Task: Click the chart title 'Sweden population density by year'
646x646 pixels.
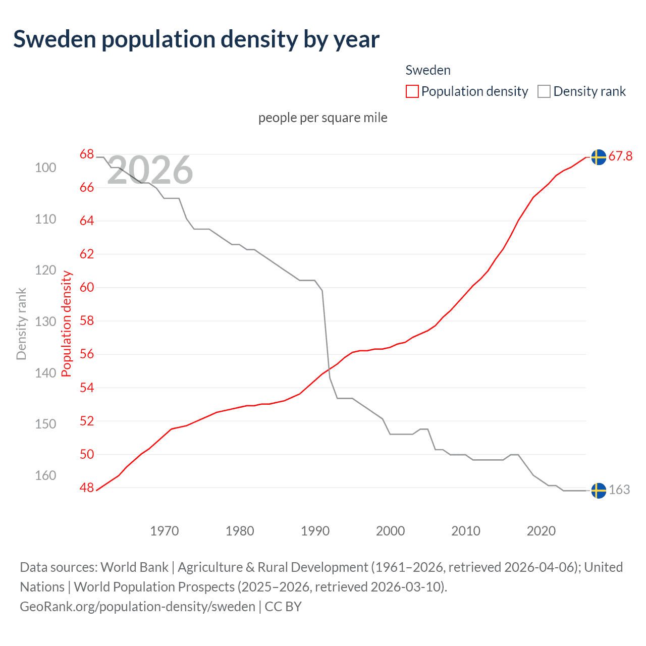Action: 196,39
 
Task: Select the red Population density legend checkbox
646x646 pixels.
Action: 412,91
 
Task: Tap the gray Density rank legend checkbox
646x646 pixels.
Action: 544,91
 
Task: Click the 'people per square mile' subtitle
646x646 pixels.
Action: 322,118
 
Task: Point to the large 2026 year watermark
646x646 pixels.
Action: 150,170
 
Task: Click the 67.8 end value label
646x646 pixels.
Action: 620,156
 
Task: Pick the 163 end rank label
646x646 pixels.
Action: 619,490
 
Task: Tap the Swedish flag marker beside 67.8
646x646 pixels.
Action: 599,157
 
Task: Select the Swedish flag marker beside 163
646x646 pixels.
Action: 599,491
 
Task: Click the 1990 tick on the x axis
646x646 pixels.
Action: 315,531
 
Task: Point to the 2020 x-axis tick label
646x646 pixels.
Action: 541,531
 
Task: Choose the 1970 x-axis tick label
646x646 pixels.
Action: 165,531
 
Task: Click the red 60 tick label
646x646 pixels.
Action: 87,288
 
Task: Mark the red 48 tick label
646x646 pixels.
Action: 87,488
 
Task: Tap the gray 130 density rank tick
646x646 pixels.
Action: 45,321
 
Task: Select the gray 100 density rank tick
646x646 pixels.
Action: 45,168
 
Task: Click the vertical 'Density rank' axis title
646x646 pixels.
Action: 21,324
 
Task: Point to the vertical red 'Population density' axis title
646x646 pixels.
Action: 66,324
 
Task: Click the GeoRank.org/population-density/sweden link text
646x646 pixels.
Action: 137,606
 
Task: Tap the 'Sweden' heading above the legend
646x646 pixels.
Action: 427,70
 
